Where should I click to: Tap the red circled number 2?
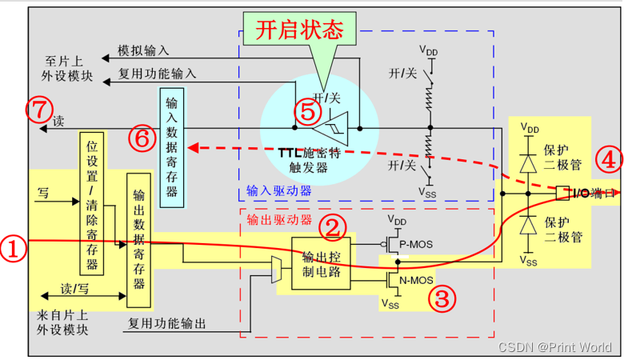tap(333, 228)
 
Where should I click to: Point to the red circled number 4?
tap(608, 160)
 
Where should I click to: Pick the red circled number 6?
tap(142, 138)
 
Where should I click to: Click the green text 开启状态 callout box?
tap(299, 30)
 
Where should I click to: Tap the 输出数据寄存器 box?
tap(139, 240)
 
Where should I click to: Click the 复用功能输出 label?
tap(167, 324)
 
